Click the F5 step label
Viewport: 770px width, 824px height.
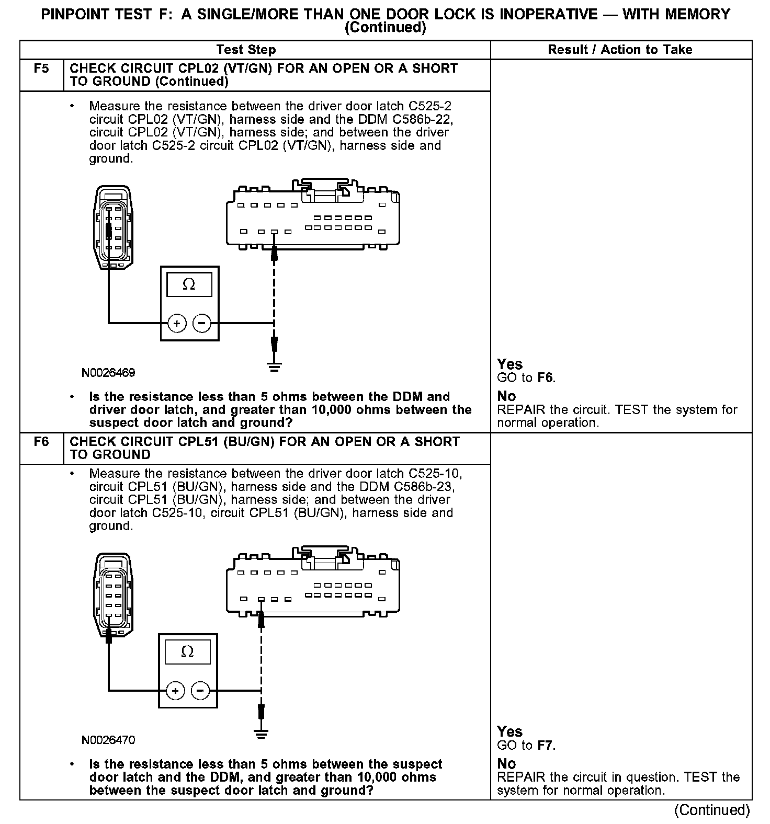(x=41, y=68)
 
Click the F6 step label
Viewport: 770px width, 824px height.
(x=41, y=442)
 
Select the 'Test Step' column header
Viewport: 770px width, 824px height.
(x=246, y=50)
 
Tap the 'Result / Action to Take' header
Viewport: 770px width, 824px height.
(x=620, y=50)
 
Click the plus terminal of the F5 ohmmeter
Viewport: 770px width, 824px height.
(x=177, y=324)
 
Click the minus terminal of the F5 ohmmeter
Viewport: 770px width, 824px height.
(x=202, y=324)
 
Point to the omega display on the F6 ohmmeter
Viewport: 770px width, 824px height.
(x=188, y=653)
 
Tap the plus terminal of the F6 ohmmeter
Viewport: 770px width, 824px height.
(x=175, y=691)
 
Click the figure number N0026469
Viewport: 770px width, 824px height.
(x=108, y=373)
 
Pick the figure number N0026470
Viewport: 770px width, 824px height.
(x=108, y=740)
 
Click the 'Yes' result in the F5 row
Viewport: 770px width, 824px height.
(x=509, y=364)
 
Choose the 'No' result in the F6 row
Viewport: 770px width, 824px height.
(x=506, y=763)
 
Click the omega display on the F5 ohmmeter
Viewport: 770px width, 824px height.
(x=189, y=285)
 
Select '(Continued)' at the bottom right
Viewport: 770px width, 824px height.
(x=712, y=810)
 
